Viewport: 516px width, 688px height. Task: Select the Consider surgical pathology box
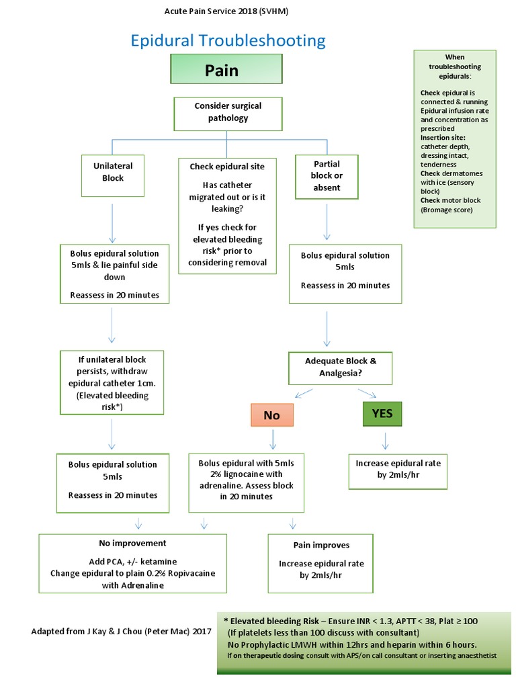click(228, 113)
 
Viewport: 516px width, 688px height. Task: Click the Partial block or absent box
click(327, 176)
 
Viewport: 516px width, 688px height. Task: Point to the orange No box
click(271, 415)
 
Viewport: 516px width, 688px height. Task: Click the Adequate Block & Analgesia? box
click(341, 368)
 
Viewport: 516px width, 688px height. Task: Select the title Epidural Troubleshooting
click(228, 40)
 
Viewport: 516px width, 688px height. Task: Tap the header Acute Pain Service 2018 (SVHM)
click(227, 11)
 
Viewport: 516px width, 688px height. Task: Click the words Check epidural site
click(227, 167)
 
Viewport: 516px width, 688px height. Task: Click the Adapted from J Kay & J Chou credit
click(121, 632)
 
